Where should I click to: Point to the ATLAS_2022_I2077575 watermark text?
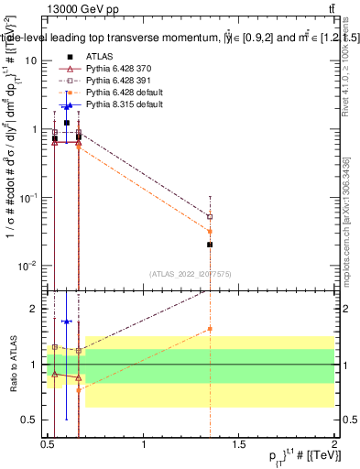191,274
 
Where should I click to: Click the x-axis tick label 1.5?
240,444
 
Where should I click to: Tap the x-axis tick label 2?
335,444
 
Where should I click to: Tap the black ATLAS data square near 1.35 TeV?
210,245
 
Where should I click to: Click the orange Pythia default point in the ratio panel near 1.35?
210,329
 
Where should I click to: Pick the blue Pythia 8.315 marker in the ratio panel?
66,322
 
